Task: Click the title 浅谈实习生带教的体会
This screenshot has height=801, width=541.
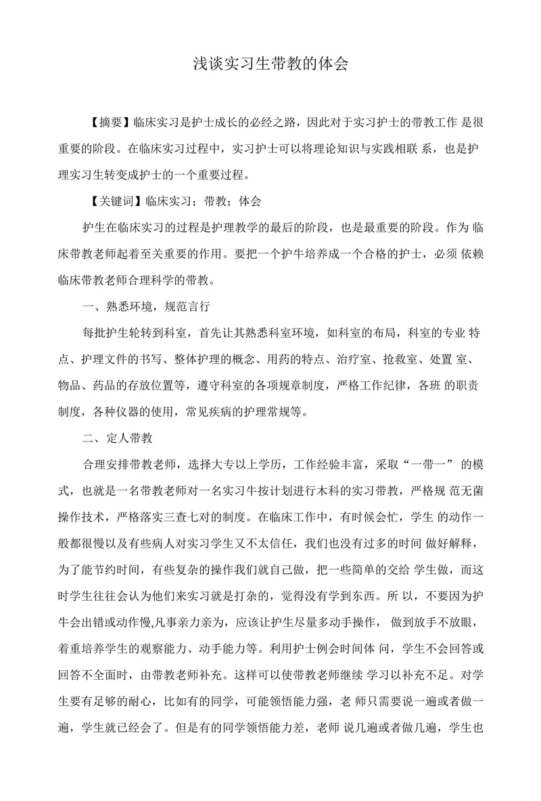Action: point(270,64)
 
